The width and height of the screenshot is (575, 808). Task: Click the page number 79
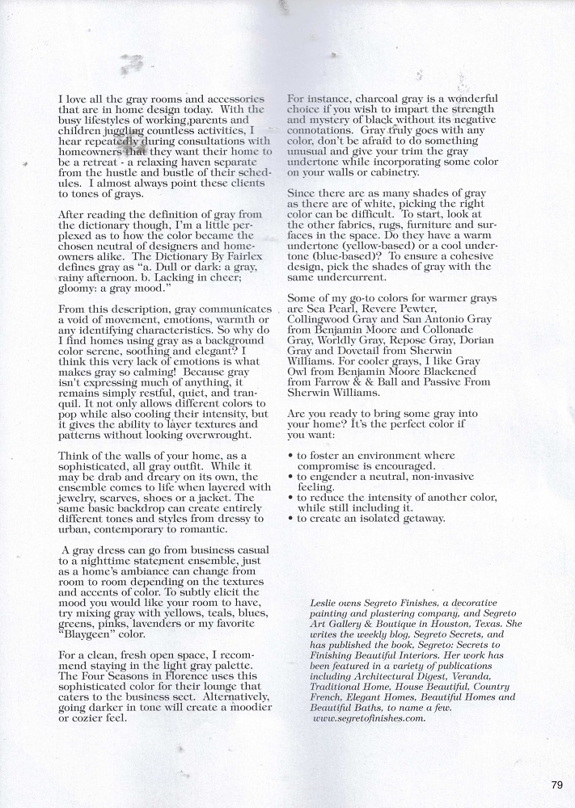click(x=556, y=785)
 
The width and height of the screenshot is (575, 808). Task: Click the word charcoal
click(x=358, y=99)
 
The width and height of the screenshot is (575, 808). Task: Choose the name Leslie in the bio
click(x=325, y=602)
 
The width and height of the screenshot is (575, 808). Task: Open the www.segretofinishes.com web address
click(x=368, y=717)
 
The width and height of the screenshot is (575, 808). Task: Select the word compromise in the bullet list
click(x=332, y=466)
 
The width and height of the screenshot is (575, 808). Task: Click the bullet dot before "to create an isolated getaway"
click(x=290, y=518)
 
